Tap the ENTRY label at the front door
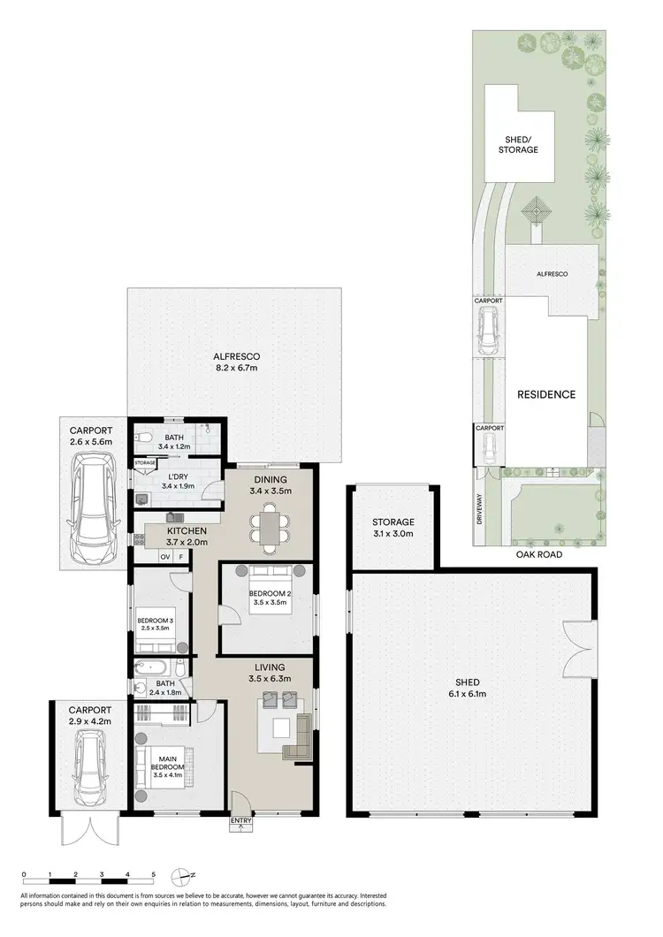[x=241, y=821]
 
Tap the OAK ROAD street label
[x=539, y=555]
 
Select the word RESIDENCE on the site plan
[x=546, y=395]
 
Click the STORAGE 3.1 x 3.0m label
[x=393, y=528]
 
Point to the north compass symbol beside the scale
[x=184, y=876]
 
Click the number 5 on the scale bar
[x=153, y=875]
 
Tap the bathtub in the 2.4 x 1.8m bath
[x=157, y=668]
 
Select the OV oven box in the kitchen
[x=164, y=557]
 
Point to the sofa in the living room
[x=296, y=735]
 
